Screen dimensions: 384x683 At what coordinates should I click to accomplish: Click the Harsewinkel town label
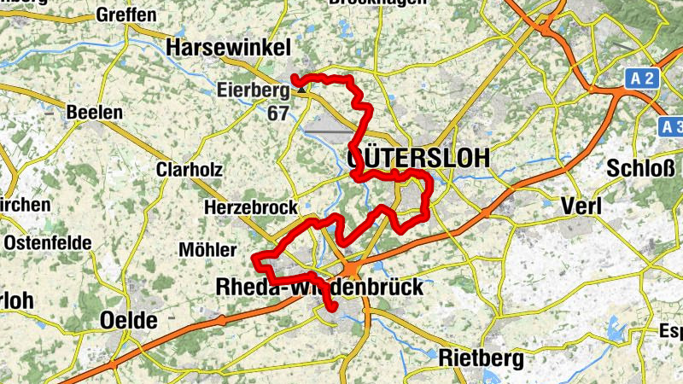[230, 48]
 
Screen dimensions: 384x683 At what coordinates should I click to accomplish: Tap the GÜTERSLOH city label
[418, 158]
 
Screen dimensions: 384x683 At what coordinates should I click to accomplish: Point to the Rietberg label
[481, 359]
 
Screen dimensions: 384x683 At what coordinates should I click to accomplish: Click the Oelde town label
[129, 321]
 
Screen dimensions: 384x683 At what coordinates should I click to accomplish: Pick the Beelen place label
[95, 112]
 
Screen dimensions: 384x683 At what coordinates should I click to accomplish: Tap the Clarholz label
[189, 170]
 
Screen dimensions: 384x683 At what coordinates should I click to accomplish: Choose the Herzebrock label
[250, 207]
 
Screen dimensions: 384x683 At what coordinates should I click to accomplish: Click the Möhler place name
[207, 250]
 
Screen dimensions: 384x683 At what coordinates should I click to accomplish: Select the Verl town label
[581, 206]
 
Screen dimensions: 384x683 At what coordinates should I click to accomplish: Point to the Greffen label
[126, 15]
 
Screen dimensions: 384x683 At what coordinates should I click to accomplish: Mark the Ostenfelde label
[48, 242]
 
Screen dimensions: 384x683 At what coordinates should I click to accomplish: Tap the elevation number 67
[277, 113]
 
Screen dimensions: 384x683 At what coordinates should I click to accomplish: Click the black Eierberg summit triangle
[301, 88]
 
